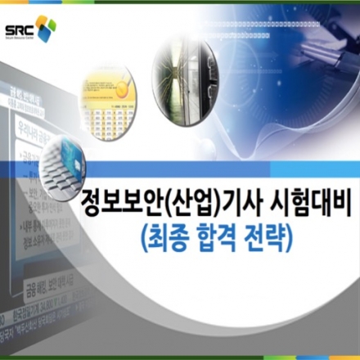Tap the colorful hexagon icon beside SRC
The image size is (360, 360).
tap(46, 28)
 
